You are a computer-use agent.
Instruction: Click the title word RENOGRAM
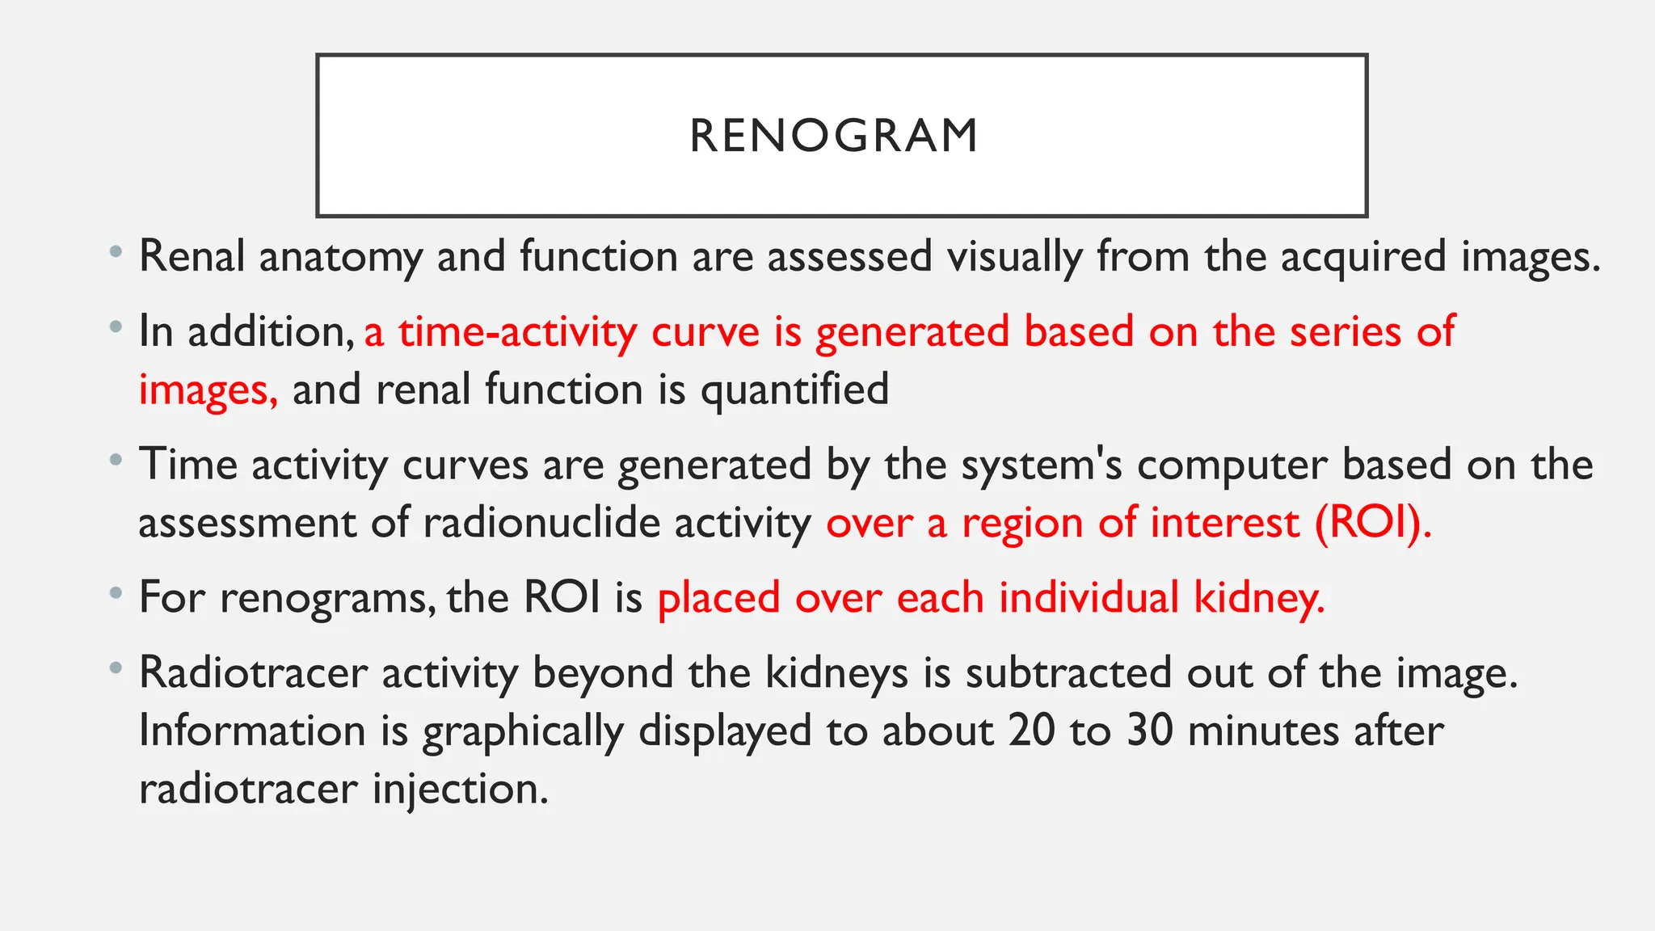pyautogui.click(x=834, y=136)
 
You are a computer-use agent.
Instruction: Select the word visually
pyautogui.click(x=1014, y=257)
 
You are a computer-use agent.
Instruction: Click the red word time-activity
pyautogui.click(x=517, y=332)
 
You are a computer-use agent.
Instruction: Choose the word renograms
pyautogui.click(x=322, y=599)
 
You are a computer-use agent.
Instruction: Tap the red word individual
pyautogui.click(x=1089, y=598)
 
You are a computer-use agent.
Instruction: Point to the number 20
pyautogui.click(x=1031, y=731)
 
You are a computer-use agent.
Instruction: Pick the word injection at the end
pyautogui.click(x=460, y=790)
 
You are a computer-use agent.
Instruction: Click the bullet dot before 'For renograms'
pyautogui.click(x=117, y=595)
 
